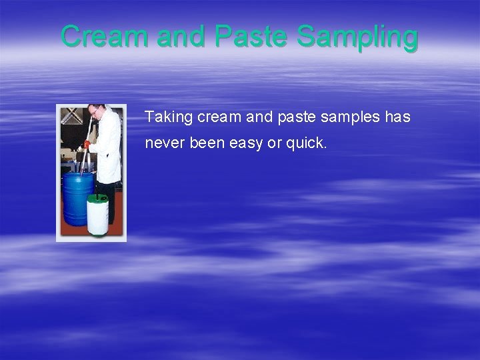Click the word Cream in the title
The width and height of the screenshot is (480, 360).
[x=105, y=37]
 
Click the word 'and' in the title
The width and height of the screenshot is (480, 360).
[x=182, y=37]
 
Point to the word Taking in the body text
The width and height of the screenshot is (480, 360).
[x=169, y=118]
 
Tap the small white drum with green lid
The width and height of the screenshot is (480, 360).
[x=98, y=215]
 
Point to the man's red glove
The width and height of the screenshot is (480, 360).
[x=87, y=145]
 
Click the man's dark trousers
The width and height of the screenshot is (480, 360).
[x=110, y=200]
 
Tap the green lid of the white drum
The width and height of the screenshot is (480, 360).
[x=98, y=197]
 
